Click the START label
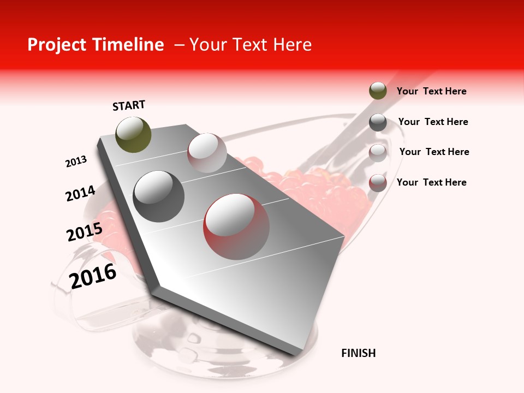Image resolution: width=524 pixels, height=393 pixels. coord(129,105)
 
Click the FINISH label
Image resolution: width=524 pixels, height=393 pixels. coord(359,353)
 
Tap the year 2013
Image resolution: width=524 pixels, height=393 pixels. coord(76,162)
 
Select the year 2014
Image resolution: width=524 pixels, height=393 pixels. coord(80,194)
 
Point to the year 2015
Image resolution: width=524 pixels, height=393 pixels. coord(84,233)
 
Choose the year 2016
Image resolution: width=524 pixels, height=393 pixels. coord(93,276)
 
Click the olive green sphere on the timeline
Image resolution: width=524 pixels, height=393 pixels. coord(134,134)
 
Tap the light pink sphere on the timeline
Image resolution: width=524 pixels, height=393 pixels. coord(207,153)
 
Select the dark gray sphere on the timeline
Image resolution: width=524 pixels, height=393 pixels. coord(159,196)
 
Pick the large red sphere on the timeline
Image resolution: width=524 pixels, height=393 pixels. coord(236,227)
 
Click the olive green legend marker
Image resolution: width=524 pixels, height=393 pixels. coord(378,91)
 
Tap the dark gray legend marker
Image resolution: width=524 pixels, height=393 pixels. coord(378,122)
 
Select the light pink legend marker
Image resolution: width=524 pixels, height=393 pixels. coord(378,153)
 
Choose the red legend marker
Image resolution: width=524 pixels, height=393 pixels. coord(378,183)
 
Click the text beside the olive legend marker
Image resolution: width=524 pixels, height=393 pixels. coord(431,91)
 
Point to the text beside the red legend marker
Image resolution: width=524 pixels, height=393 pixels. coord(431,182)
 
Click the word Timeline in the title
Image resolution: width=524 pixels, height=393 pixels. coord(129,45)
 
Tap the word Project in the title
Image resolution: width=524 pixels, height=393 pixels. coord(57,45)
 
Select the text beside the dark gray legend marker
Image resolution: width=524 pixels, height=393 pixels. coord(433,122)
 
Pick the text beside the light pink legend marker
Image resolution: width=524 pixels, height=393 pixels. coord(434,152)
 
